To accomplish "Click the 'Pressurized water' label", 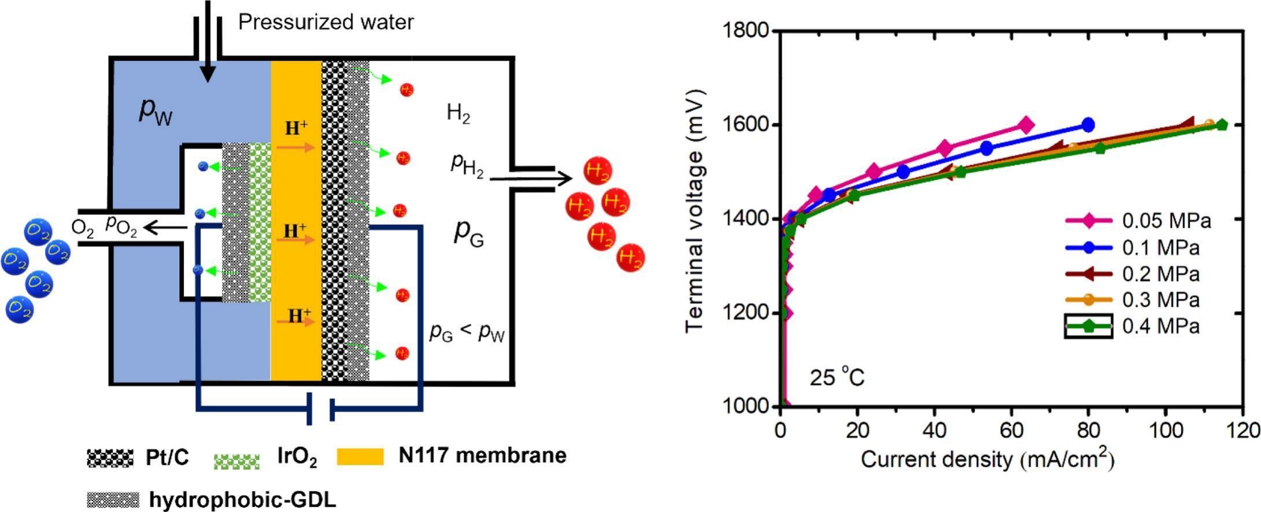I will (x=326, y=22).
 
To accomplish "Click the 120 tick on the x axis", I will (x=1242, y=431).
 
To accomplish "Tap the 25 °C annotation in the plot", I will (x=837, y=379).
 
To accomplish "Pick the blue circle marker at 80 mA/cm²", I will (x=1088, y=124).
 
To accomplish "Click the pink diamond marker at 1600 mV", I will (x=1026, y=125).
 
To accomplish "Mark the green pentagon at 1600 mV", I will (x=1222, y=125).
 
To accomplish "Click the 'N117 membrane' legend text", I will (x=482, y=455).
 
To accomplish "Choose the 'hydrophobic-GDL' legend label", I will (x=242, y=499).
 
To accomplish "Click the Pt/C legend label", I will (x=167, y=458).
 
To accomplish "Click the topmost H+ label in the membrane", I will (x=296, y=128).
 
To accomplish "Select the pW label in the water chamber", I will (x=156, y=110).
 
